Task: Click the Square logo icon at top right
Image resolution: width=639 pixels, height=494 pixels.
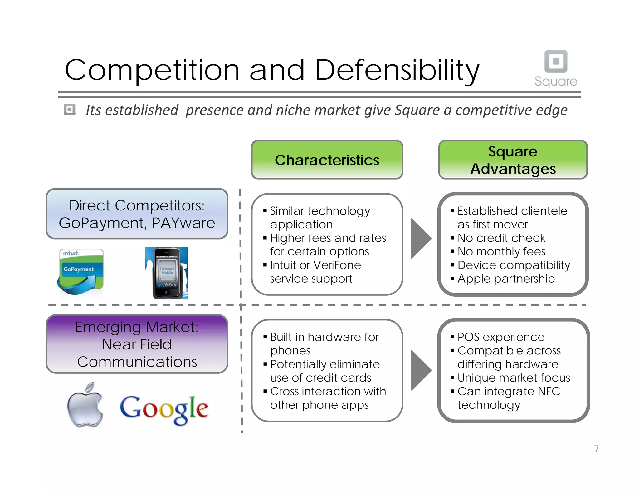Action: (556, 61)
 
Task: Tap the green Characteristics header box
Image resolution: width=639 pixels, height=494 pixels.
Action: (327, 160)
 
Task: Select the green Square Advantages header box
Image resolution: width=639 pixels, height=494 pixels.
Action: (513, 160)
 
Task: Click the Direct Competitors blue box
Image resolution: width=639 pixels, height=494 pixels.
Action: (137, 214)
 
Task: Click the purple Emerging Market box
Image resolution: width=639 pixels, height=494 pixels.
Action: (137, 344)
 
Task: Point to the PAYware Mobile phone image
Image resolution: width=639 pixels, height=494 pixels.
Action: (166, 273)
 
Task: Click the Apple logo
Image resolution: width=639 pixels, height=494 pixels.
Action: (85, 405)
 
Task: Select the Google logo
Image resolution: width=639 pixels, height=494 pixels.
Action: (164, 409)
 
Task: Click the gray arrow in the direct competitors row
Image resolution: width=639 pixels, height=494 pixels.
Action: (420, 239)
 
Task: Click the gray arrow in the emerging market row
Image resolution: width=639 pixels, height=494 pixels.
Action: (420, 370)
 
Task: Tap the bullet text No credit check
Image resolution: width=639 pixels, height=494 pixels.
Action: (501, 238)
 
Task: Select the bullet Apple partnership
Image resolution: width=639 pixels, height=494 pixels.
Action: (506, 279)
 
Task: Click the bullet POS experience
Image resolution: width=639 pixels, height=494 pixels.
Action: (501, 337)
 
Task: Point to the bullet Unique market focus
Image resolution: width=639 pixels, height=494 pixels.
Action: (514, 378)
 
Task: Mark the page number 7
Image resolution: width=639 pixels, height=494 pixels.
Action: (596, 449)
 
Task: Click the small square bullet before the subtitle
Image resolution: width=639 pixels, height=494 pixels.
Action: (70, 110)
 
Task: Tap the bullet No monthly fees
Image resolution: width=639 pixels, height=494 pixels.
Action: (501, 252)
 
